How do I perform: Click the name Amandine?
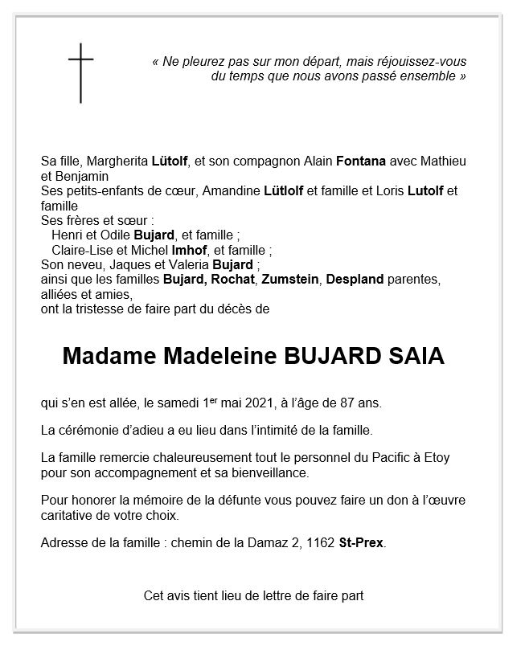click(x=232, y=191)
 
